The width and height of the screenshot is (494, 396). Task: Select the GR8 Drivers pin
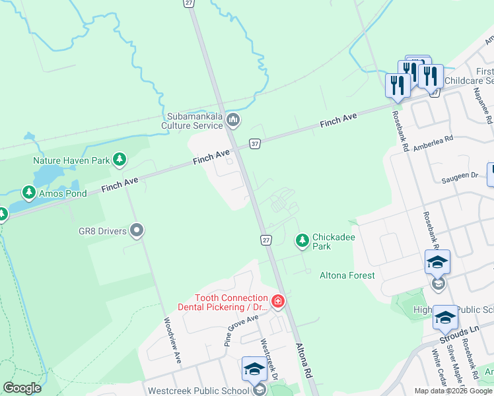[x=137, y=230]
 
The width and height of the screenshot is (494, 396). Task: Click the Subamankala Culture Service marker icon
[x=232, y=120]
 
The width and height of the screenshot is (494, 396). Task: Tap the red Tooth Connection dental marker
[x=278, y=302]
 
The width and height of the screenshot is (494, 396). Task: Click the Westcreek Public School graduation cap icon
[x=254, y=370]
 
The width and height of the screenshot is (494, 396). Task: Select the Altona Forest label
[x=347, y=275]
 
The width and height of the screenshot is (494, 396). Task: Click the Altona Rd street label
[x=303, y=362]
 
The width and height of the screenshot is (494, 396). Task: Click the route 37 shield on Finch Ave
[x=254, y=143]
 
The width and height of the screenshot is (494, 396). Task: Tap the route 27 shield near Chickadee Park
[x=265, y=240]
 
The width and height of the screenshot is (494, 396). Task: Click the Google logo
[x=22, y=388]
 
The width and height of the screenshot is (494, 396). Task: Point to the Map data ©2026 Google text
[x=452, y=391]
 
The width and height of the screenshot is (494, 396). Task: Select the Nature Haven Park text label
[x=71, y=160]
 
